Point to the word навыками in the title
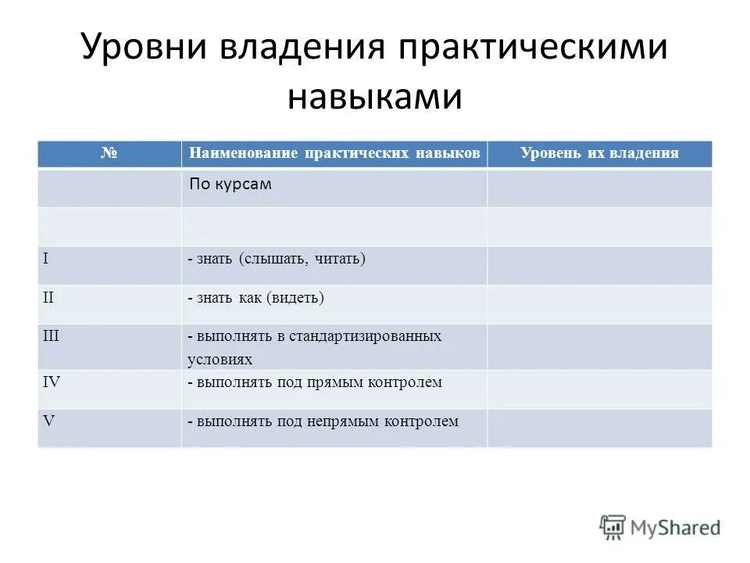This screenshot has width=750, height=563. pyautogui.click(x=375, y=99)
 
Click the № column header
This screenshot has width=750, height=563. pyautogui.click(x=109, y=153)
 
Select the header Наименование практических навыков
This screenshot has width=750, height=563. pyautogui.click(x=334, y=153)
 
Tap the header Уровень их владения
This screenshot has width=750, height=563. pyautogui.click(x=599, y=153)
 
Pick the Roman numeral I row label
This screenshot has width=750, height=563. pyautogui.click(x=46, y=257)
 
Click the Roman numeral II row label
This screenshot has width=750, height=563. pyautogui.click(x=48, y=296)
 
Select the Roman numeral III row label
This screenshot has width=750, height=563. pyautogui.click(x=51, y=335)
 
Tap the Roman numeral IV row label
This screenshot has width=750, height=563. pyautogui.click(x=51, y=382)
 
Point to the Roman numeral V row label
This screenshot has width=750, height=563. pyautogui.click(x=48, y=420)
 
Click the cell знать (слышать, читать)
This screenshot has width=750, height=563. pyautogui.click(x=277, y=258)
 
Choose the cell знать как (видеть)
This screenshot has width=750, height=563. pyautogui.click(x=255, y=297)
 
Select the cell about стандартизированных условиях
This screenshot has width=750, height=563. pyautogui.click(x=314, y=347)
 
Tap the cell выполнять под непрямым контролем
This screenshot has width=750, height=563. pyautogui.click(x=323, y=421)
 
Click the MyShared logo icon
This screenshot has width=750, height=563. pyautogui.click(x=612, y=527)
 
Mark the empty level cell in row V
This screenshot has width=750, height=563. pyautogui.click(x=599, y=428)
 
